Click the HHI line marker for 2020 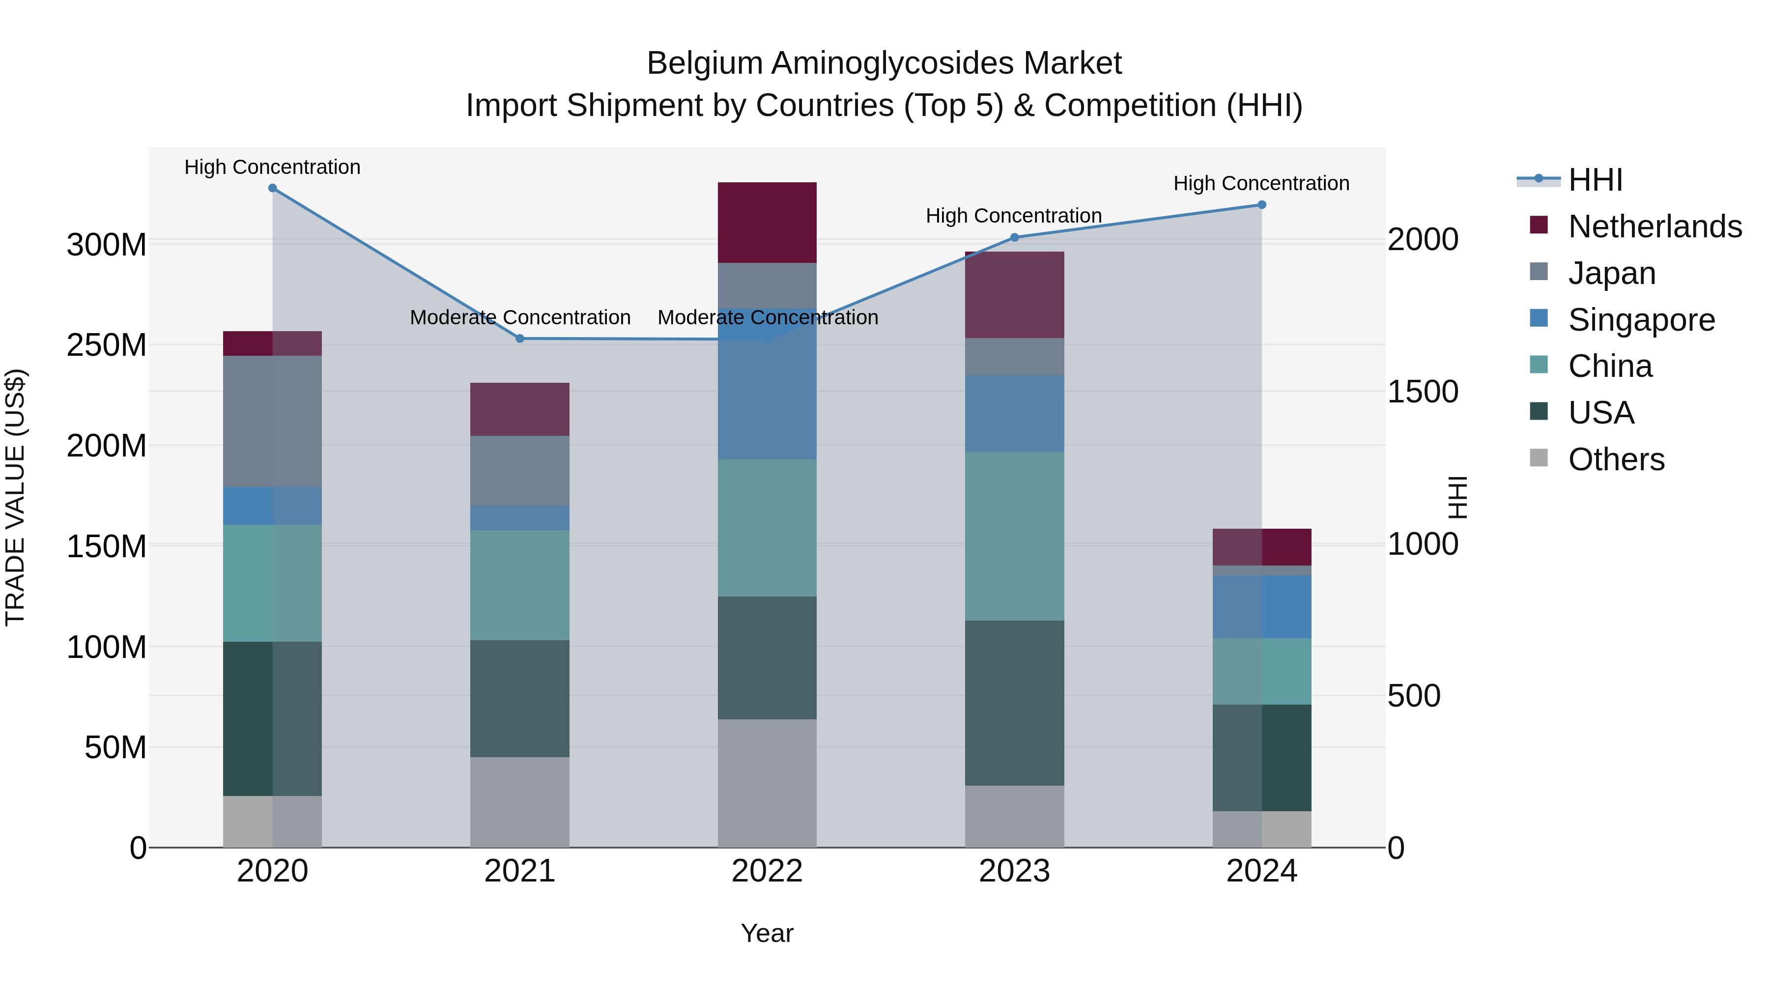(x=273, y=188)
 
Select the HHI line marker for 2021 (x=520, y=339)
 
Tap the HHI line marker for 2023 (x=1014, y=238)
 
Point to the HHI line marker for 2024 (x=1261, y=204)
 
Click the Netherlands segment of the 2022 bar (x=767, y=223)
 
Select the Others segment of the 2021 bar (x=520, y=802)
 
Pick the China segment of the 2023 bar (x=1014, y=536)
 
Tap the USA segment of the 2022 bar (x=767, y=658)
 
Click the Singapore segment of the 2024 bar (x=1261, y=607)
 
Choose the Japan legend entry (x=1611, y=273)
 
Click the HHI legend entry (x=1595, y=180)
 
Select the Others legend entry (x=1615, y=459)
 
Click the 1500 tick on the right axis (x=1422, y=392)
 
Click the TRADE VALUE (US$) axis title (x=15, y=497)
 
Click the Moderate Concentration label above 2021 (x=520, y=318)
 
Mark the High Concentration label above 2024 (x=1261, y=183)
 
